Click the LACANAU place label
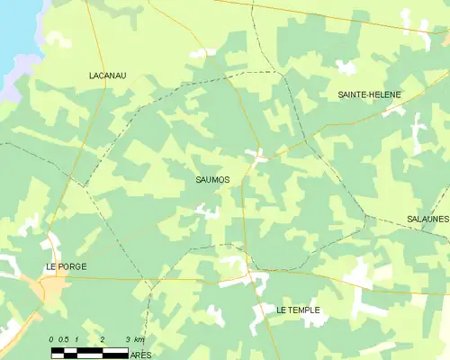click(x=108, y=76)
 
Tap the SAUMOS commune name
click(x=212, y=180)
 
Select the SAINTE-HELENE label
click(x=369, y=94)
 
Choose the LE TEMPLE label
click(x=298, y=310)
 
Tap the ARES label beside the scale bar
click(x=140, y=356)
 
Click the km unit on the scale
click(x=138, y=340)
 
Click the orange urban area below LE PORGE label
click(x=49, y=289)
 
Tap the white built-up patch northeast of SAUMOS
click(x=257, y=156)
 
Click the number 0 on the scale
click(x=52, y=340)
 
